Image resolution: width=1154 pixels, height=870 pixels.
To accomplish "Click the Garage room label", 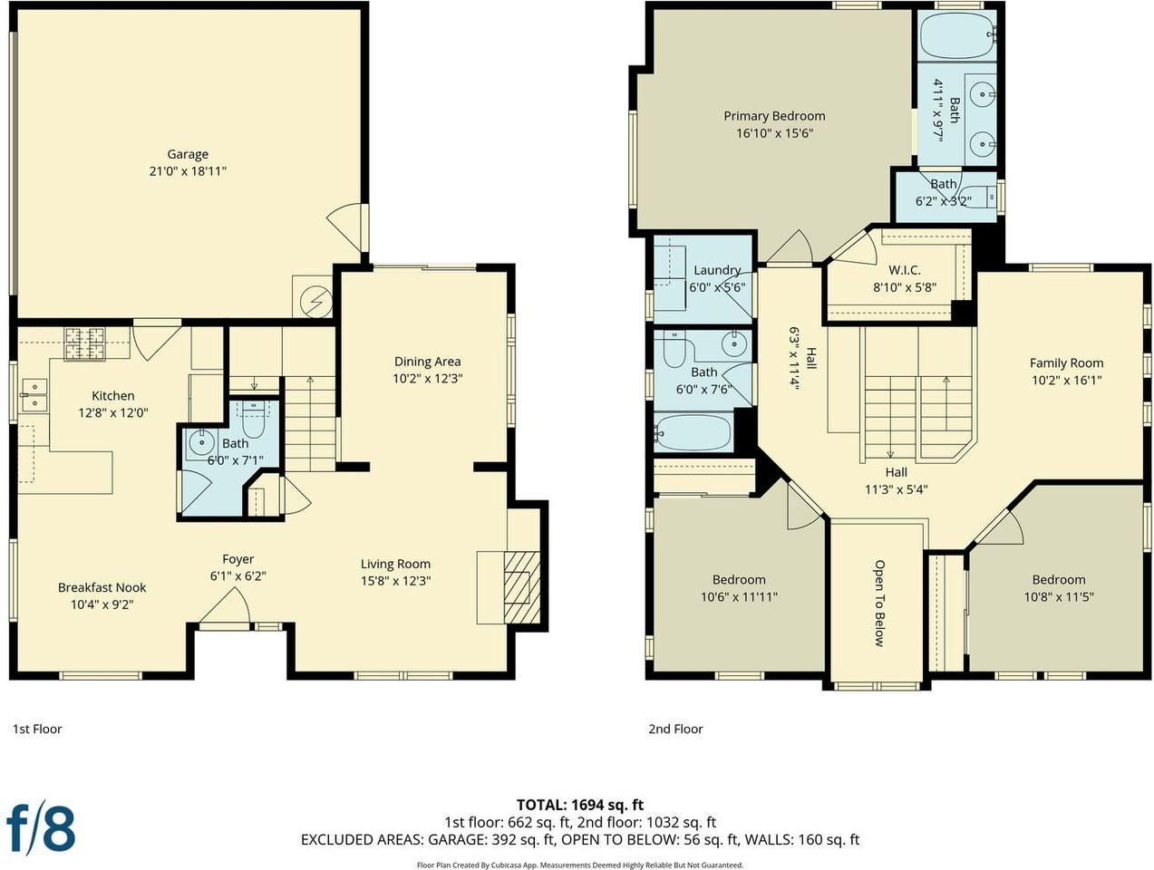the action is pos(188,154).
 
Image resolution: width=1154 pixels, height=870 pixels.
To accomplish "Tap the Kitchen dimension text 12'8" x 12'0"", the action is pos(113,413).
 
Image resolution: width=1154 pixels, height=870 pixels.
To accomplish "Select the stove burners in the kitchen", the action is pos(84,343).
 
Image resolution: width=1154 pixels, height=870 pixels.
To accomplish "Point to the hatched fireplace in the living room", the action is pos(521,587).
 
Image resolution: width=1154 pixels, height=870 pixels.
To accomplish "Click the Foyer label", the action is pos(238,559).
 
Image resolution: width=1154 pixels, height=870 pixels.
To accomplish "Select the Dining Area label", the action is pos(427,362).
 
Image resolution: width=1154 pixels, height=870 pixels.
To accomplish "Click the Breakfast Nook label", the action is pos(102,587).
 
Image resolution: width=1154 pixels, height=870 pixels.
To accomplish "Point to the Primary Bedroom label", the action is pos(774,116).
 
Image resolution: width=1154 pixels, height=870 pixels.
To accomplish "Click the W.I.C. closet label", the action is pos(905,270).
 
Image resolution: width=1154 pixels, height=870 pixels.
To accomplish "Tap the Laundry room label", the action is pos(717,270).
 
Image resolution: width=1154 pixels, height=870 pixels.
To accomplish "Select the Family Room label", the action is pos(1066,363).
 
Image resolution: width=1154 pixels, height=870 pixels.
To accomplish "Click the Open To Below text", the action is pos(879,603).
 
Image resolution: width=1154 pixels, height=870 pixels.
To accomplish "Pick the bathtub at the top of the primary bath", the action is pos(957,35).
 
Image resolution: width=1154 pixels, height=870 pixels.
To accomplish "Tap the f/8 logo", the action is pos(41,830).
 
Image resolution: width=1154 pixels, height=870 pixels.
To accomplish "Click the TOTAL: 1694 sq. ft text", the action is pos(580,805).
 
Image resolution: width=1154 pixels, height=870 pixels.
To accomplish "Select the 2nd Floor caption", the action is pos(675,729).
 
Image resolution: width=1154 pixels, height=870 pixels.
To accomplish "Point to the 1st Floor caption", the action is pos(37,729).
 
